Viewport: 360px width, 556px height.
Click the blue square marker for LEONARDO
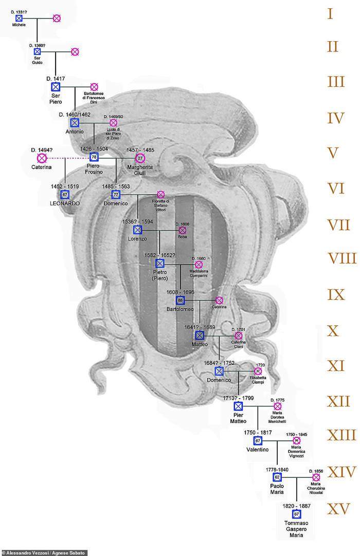(65, 194)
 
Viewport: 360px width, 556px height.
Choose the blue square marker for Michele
(19, 18)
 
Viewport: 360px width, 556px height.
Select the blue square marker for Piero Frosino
(94, 157)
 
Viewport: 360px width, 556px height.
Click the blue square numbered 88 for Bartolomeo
(181, 300)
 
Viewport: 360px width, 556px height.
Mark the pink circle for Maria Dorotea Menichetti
(278, 406)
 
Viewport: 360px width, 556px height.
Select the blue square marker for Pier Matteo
(238, 406)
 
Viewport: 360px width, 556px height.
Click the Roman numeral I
(330, 14)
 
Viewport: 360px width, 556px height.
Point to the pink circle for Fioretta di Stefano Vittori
(160, 194)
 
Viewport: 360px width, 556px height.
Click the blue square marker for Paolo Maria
(277, 477)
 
